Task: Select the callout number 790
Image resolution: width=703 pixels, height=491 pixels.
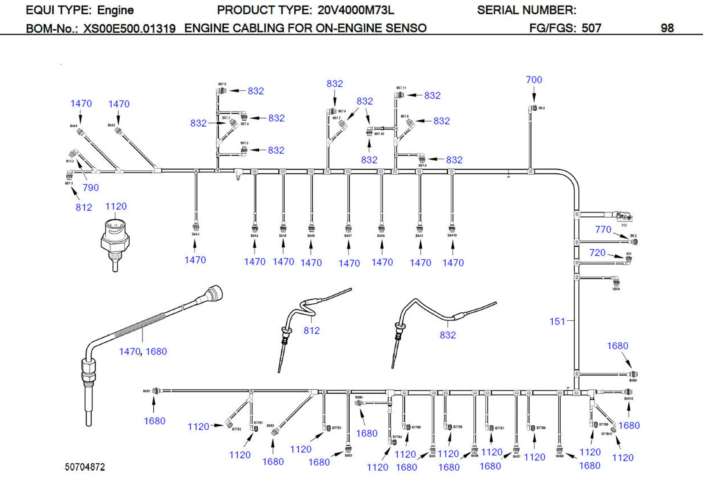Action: [91, 188]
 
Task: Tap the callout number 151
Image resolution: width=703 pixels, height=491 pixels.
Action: [557, 321]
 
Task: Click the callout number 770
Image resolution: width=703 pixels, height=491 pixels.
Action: [603, 229]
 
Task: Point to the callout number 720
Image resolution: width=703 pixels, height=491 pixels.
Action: [597, 253]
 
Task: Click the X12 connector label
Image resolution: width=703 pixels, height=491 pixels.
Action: [624, 225]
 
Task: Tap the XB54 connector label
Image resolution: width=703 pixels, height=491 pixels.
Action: [616, 289]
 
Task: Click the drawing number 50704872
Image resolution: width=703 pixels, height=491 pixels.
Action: [85, 467]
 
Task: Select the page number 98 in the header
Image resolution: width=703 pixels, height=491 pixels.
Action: [667, 28]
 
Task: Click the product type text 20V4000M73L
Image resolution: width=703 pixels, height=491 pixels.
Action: [355, 10]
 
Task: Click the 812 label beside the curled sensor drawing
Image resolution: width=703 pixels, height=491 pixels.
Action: [311, 330]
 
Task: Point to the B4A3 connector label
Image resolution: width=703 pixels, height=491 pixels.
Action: [195, 234]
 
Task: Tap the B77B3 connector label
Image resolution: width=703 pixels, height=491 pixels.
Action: [336, 428]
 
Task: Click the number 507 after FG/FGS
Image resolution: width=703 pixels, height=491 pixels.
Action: [591, 28]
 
